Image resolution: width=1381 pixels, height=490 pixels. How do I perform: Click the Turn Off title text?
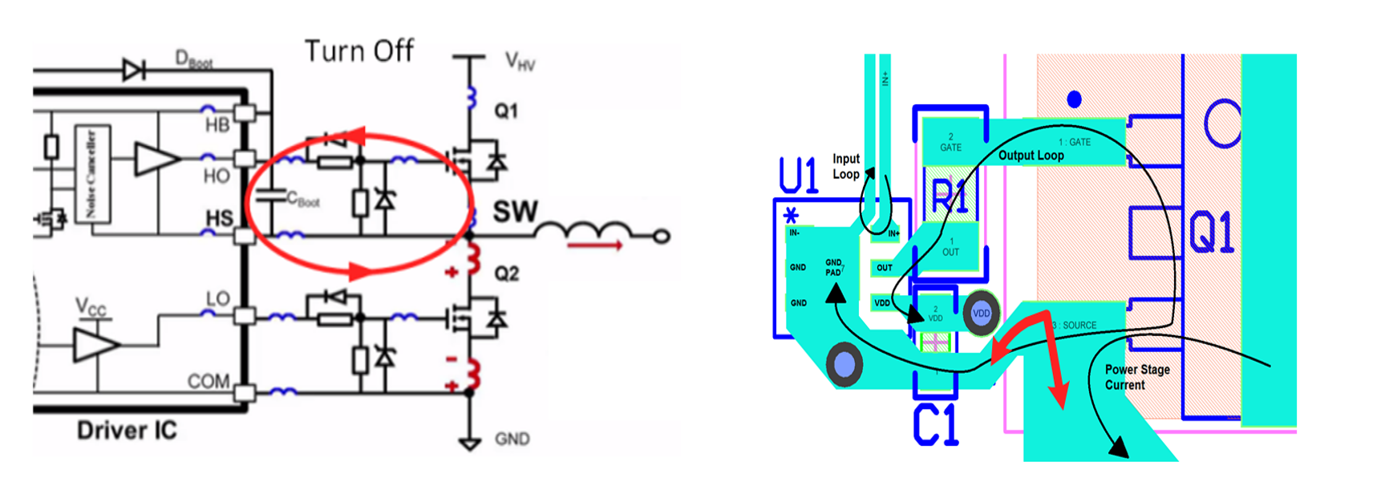click(358, 51)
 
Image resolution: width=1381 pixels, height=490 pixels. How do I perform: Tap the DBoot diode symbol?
click(133, 70)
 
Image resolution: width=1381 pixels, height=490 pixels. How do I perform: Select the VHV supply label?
click(519, 61)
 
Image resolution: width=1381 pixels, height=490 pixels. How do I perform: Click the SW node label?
click(515, 212)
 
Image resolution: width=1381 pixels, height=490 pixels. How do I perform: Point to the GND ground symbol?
click(469, 442)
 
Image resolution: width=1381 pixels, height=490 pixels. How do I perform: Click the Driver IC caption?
click(127, 431)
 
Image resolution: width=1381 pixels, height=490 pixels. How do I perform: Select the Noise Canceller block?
click(91, 173)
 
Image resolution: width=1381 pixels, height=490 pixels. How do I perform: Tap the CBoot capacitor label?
click(303, 200)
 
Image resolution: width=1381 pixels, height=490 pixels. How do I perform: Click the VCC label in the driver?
click(91, 307)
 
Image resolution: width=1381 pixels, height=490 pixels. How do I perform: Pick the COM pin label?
click(209, 381)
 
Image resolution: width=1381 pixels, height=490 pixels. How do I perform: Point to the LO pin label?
click(217, 299)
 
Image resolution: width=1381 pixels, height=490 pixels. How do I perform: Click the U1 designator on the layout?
click(798, 176)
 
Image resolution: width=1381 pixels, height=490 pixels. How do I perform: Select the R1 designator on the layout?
click(950, 196)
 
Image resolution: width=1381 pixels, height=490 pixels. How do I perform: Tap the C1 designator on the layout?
click(935, 425)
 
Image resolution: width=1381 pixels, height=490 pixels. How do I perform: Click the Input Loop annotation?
click(846, 167)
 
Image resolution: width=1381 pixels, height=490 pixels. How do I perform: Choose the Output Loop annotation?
click(1031, 156)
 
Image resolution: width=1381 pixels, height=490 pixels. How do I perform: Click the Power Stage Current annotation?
click(1136, 377)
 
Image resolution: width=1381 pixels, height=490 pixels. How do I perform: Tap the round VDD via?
click(981, 314)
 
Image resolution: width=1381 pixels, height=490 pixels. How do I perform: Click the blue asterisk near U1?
click(792, 215)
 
